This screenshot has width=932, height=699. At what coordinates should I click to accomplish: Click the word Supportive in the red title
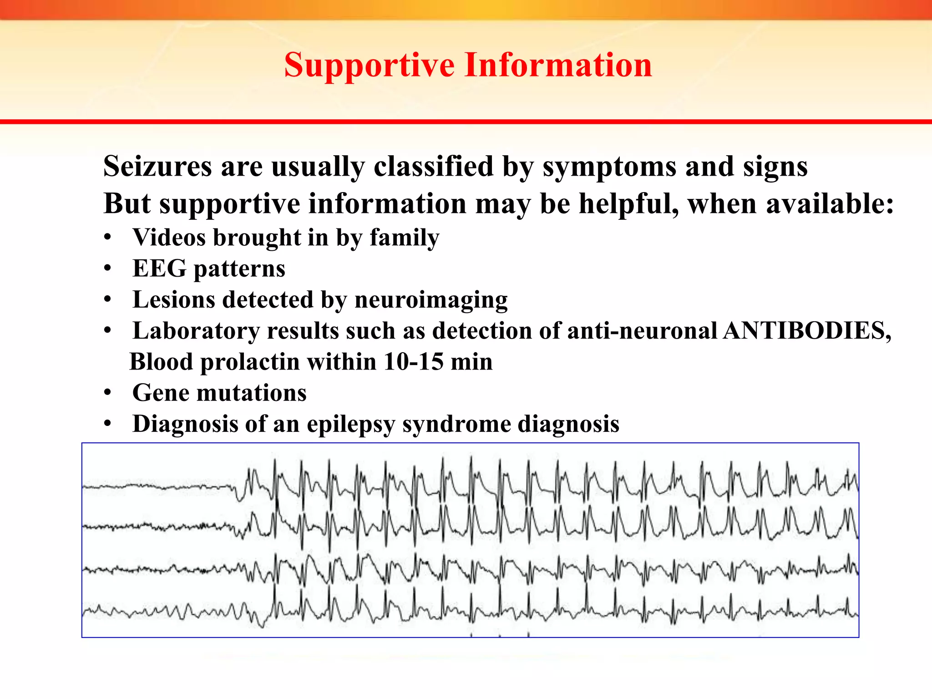click(x=369, y=65)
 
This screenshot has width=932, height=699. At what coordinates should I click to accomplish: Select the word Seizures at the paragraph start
click(x=157, y=167)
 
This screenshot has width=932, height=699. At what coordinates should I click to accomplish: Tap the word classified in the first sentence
click(x=433, y=167)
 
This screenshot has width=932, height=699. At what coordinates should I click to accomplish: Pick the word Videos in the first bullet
click(x=169, y=238)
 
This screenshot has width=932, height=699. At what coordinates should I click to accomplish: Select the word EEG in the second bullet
click(x=159, y=268)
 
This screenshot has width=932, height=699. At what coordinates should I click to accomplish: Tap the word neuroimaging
click(x=431, y=300)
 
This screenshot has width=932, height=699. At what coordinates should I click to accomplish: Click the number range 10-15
click(x=413, y=362)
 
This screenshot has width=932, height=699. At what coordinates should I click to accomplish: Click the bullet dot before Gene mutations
click(x=107, y=393)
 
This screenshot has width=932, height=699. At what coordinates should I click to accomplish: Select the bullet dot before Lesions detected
click(x=107, y=300)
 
